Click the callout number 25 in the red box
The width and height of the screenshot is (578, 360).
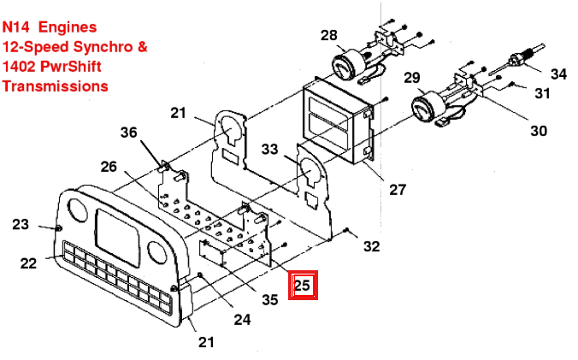pos(303,285)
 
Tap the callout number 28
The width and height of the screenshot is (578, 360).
pos(329,35)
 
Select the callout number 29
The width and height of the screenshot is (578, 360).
pos(412,77)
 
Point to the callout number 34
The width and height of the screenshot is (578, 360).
pos(558,74)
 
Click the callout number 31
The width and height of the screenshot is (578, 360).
pos(542,93)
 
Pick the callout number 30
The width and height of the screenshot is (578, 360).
pos(539,131)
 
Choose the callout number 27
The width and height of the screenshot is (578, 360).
pos(398,190)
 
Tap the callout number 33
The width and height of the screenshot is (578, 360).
pos(269,150)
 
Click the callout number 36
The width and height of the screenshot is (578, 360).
pos(128,133)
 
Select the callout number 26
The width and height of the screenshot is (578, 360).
pos(109,167)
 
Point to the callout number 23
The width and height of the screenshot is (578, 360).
pos(21,224)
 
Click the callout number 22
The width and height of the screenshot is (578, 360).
pos(28,263)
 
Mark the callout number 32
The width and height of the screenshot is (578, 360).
pos(371,246)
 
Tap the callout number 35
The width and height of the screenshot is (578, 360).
pos(270,299)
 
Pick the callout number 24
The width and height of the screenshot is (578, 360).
pos(242,320)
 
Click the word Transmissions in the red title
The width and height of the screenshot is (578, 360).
pos(56,86)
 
